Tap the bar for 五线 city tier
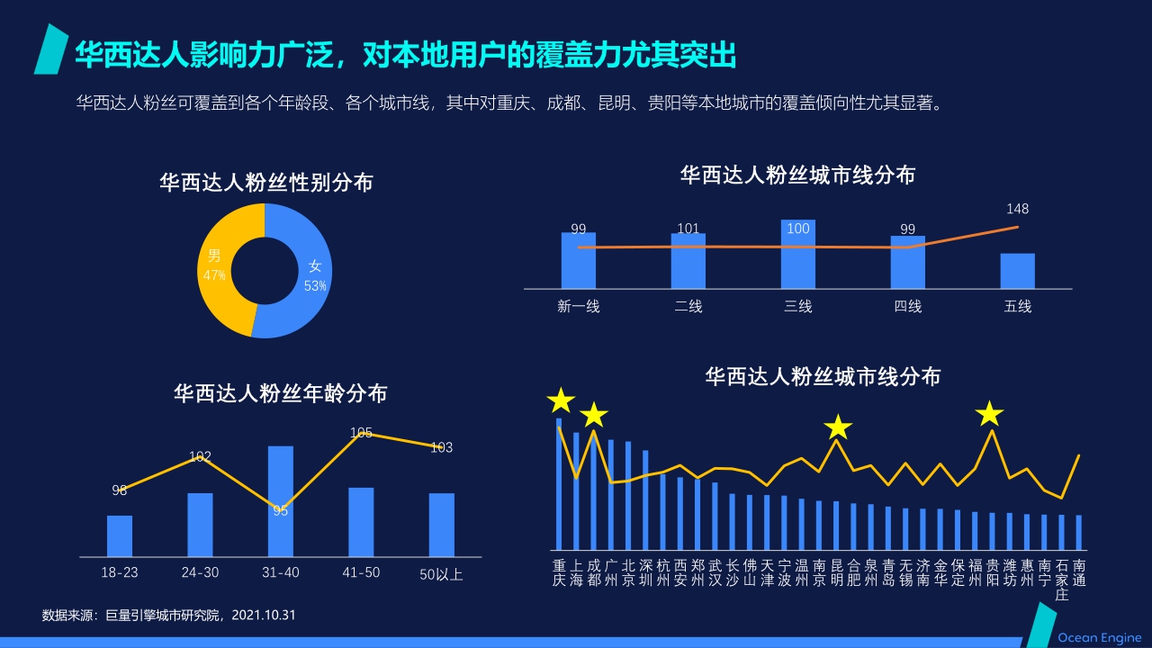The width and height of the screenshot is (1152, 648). [1018, 271]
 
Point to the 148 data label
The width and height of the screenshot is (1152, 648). [1018, 209]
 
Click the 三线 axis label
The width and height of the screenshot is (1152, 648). [798, 306]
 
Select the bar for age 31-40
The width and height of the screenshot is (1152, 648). [281, 500]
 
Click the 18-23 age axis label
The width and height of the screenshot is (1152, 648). [120, 572]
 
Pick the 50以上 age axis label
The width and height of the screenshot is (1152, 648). [441, 574]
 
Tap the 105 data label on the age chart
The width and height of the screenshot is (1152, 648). [361, 433]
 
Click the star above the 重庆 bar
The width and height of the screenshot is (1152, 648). [561, 400]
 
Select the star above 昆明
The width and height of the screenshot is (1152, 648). [838, 427]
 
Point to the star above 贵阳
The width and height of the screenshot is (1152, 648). [990, 414]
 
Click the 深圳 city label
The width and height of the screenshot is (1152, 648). [646, 572]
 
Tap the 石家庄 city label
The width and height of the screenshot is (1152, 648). [1062, 580]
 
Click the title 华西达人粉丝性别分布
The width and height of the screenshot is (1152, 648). [266, 183]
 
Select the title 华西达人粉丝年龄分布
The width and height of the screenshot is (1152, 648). [281, 393]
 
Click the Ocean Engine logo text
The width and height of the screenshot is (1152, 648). [1099, 637]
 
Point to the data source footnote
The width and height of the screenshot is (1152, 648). [169, 616]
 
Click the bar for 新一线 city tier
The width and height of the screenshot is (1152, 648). [579, 260]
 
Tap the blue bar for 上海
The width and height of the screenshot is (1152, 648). [576, 490]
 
